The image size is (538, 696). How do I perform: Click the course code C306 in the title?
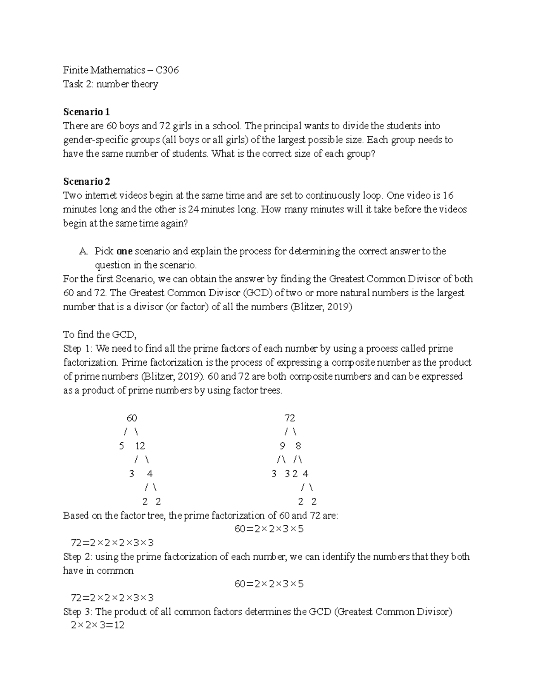[x=167, y=70]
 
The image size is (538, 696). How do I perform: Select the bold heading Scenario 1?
[x=86, y=112]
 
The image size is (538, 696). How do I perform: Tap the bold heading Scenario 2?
[x=87, y=182]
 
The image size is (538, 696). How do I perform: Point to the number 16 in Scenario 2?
[x=448, y=195]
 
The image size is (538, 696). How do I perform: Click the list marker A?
[x=83, y=251]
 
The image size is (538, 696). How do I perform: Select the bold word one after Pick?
[x=124, y=251]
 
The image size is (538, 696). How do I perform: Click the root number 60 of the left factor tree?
[x=131, y=418]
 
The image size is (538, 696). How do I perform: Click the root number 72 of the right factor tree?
[x=290, y=418]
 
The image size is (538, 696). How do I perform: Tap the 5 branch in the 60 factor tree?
[x=121, y=446]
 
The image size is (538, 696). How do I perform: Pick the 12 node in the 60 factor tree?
[x=140, y=446]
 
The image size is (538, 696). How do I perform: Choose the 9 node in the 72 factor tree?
[x=282, y=446]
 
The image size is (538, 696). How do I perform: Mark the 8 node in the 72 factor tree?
[x=298, y=446]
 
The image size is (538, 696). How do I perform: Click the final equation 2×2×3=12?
[x=97, y=625]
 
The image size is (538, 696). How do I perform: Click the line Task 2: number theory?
[x=110, y=84]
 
